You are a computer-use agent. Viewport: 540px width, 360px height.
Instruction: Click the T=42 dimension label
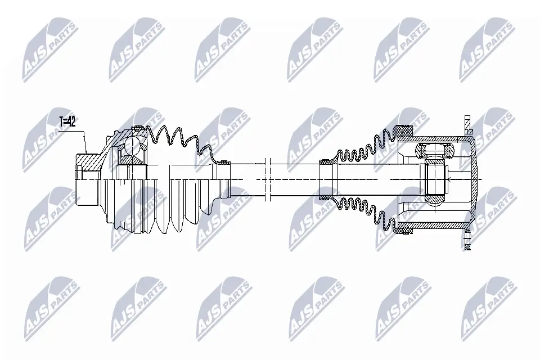[67, 121]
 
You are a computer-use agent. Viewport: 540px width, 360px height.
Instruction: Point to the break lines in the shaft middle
[268, 179]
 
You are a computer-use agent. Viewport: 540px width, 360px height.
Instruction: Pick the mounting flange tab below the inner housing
[467, 240]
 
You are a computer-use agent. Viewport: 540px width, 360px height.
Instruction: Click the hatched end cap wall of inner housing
[474, 179]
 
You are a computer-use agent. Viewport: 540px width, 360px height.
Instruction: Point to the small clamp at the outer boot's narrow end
[224, 161]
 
